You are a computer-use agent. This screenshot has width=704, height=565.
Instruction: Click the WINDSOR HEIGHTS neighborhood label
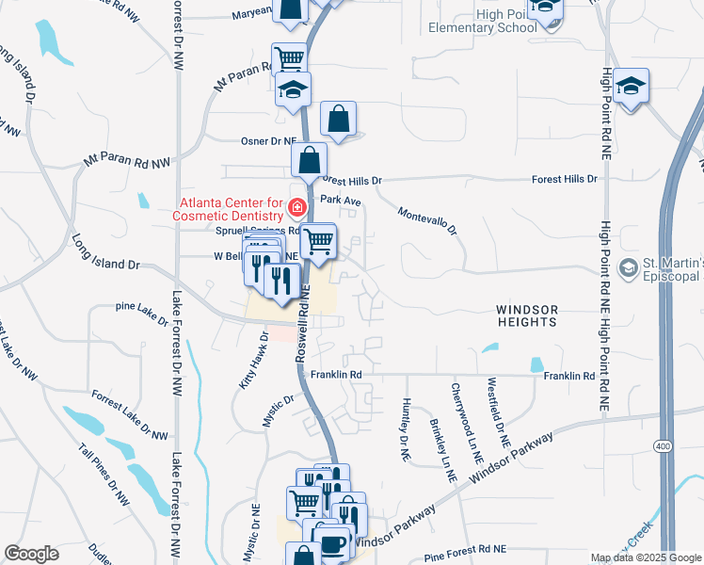[527, 315]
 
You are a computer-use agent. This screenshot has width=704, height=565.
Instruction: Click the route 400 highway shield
[667, 444]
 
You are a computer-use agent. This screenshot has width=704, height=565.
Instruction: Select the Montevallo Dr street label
[426, 222]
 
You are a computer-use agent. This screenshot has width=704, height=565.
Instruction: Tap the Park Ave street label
[341, 200]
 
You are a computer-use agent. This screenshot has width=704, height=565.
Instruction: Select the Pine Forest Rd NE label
[465, 547]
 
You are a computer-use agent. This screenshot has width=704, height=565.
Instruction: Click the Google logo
[32, 554]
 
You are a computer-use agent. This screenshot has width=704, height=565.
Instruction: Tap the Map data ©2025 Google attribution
[645, 557]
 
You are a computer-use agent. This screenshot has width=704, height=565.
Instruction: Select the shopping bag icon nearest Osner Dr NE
[338, 120]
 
